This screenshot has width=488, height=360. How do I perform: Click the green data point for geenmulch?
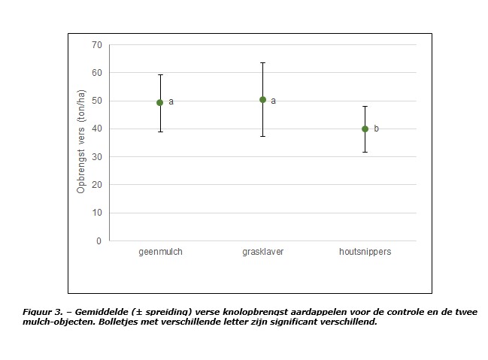(x=159, y=102)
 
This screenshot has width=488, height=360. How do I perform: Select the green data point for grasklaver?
(x=262, y=99)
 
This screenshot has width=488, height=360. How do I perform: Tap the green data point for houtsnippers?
(x=365, y=129)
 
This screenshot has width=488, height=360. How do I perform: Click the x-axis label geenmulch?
(x=160, y=252)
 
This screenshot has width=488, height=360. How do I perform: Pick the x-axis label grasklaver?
(x=262, y=252)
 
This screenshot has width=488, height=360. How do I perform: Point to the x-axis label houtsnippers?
(x=365, y=252)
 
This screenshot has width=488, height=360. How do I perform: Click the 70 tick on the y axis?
(x=96, y=45)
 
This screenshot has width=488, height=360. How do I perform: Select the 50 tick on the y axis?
(x=96, y=101)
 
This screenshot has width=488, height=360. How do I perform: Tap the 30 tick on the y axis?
(x=96, y=157)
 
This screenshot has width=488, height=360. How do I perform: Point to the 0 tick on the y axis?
(x=99, y=241)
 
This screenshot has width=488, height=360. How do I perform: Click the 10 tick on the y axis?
(x=96, y=213)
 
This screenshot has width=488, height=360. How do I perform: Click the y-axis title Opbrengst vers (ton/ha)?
(x=81, y=143)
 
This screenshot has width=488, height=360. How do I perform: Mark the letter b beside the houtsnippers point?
(x=376, y=129)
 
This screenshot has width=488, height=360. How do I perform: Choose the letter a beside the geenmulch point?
(x=171, y=101)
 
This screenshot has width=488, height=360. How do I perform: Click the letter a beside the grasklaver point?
(x=273, y=101)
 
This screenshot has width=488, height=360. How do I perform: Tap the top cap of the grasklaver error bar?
(x=262, y=62)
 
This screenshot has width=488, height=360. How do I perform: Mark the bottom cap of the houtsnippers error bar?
(x=365, y=152)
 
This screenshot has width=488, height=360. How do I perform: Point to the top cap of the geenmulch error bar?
(x=159, y=74)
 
